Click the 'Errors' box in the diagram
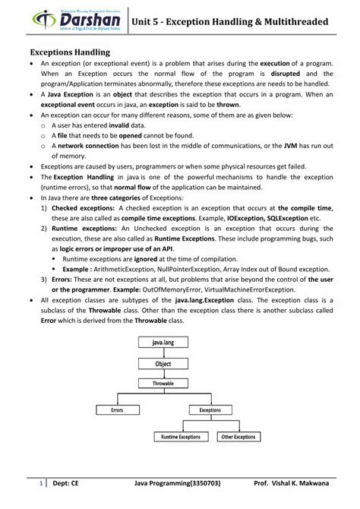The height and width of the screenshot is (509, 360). pyautogui.click(x=118, y=409)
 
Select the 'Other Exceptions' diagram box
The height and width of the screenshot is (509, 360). pyautogui.click(x=238, y=437)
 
